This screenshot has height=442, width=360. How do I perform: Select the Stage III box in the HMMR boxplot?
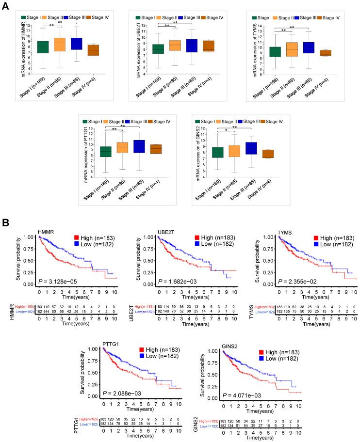(x=76, y=44)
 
